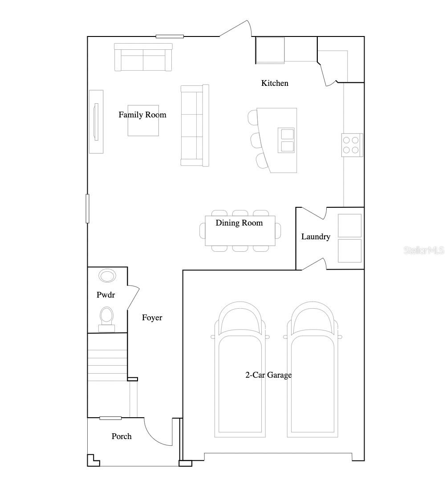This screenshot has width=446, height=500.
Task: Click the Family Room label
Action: point(142,115)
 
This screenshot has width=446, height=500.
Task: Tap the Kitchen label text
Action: point(275,83)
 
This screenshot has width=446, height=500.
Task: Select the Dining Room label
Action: point(239,223)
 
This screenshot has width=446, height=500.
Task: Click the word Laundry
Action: point(316,237)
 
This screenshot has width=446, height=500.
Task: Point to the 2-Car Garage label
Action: point(268,375)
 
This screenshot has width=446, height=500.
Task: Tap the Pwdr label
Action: point(106,295)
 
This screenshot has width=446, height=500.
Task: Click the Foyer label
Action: point(152,318)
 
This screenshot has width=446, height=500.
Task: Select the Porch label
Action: point(122,436)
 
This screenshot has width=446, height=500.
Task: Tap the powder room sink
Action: point(107,276)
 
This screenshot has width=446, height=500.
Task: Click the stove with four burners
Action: point(352,145)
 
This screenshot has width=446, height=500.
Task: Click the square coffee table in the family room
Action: point(143,120)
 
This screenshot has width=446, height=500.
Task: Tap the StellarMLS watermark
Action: point(424,250)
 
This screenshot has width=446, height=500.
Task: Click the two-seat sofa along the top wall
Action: point(143,57)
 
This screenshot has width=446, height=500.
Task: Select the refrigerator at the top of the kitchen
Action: point(270,50)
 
